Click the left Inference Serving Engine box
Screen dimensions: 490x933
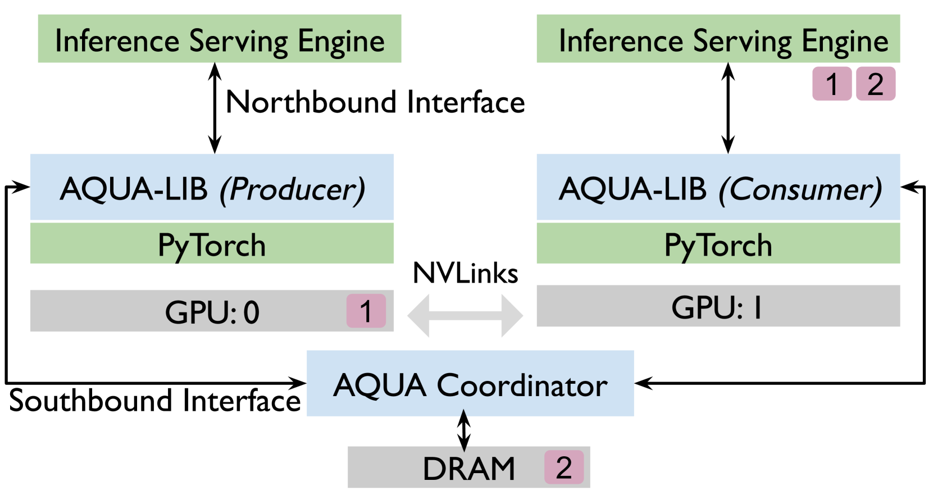[219, 39]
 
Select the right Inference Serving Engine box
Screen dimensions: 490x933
[718, 39]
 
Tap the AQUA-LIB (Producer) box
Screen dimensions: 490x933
[212, 187]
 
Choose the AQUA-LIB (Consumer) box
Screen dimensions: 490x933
[718, 187]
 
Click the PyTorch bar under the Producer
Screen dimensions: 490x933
[212, 244]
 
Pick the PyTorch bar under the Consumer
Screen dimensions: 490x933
[718, 244]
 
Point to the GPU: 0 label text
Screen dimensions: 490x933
[212, 312]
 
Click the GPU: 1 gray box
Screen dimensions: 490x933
[718, 306]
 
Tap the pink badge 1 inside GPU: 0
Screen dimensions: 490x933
[366, 311]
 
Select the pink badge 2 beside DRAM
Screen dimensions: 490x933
[564, 468]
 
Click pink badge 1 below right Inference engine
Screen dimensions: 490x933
[832, 84]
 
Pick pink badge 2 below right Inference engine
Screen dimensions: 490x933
[875, 84]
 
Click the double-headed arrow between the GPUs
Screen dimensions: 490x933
[465, 315]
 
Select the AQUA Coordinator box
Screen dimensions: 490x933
[470, 384]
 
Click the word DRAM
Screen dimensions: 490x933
[468, 469]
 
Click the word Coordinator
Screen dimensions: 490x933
[522, 385]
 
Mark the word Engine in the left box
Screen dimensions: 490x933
[341, 42]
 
